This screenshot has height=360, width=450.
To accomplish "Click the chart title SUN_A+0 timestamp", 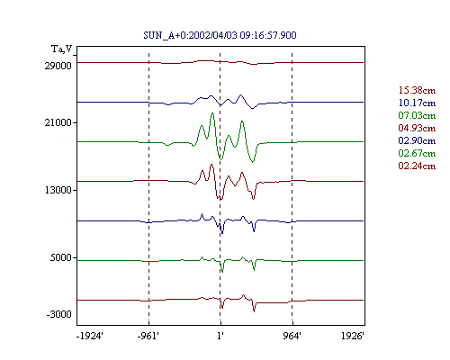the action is click(220, 35).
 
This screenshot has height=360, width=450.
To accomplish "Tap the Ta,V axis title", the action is click(62, 49).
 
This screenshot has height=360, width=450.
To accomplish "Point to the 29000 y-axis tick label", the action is click(58, 66).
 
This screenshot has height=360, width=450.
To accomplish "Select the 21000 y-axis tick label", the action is click(58, 122).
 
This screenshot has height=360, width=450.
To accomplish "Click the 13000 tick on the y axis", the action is click(58, 190).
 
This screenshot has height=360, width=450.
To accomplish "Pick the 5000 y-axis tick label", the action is click(61, 257).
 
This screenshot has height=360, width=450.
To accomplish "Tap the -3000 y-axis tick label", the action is click(59, 314).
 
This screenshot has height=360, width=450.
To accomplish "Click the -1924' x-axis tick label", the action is click(90, 336).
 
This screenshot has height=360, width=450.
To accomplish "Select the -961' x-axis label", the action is click(148, 336).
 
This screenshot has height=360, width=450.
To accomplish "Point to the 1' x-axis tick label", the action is click(220, 336).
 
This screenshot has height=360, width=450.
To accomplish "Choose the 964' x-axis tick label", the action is click(292, 336).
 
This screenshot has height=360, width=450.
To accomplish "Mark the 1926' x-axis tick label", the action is click(353, 336).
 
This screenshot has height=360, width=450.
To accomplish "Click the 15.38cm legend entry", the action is click(417, 90).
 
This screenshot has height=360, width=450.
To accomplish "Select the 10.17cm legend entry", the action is click(417, 103).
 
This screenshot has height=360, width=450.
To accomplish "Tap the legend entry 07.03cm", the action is click(417, 115).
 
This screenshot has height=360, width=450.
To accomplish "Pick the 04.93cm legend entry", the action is click(417, 128).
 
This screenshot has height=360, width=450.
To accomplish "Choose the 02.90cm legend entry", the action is click(417, 140).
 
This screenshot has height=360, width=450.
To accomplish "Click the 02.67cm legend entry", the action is click(417, 153).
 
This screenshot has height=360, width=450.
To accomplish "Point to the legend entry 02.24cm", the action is click(417, 166).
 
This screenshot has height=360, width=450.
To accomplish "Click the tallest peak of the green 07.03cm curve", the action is click(212, 113).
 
